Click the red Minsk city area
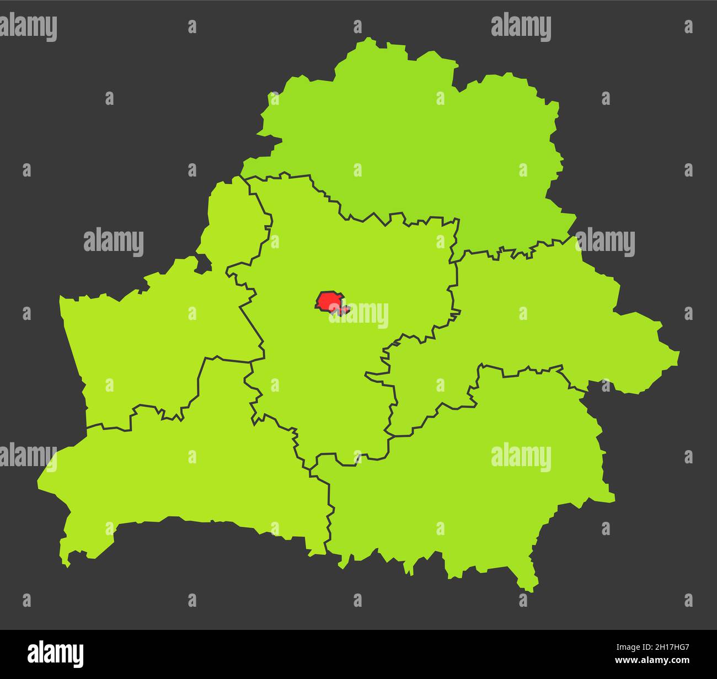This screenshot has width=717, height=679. (x=330, y=302)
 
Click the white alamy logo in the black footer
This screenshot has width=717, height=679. (x=56, y=654)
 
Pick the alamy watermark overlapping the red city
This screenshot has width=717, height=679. (x=358, y=314)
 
